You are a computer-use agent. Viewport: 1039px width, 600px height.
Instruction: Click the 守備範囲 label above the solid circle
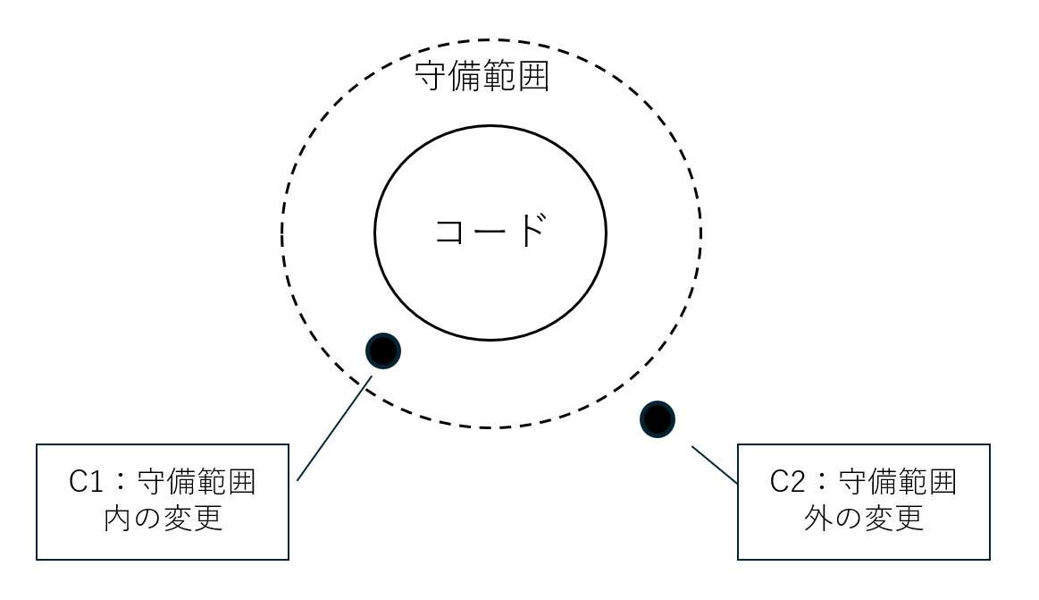point(482,79)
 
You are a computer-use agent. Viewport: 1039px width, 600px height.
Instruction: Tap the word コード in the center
point(489,232)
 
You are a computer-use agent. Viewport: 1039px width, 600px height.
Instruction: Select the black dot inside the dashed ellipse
point(383,351)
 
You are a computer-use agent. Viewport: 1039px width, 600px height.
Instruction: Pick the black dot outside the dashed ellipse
point(658,418)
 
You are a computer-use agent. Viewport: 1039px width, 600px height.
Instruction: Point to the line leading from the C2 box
point(715,464)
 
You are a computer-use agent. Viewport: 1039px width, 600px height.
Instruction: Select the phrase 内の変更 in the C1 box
point(163,519)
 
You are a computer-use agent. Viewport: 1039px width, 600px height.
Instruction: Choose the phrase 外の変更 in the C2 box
point(864,519)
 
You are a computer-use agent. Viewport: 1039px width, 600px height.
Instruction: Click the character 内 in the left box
point(119,519)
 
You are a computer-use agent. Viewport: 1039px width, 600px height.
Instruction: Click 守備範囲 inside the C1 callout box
point(197,483)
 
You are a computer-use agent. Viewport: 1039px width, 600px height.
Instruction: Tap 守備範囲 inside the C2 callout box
point(898,483)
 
